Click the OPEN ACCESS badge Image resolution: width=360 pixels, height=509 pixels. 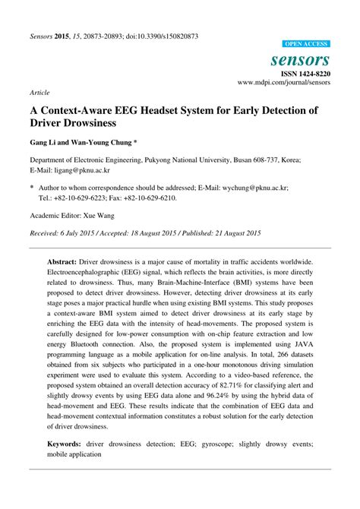(305, 45)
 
